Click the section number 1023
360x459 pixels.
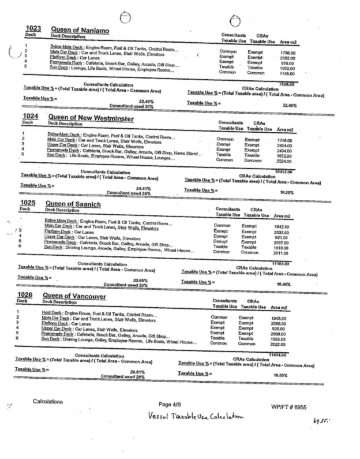point(34,28)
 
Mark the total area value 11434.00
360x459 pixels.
point(277,352)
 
